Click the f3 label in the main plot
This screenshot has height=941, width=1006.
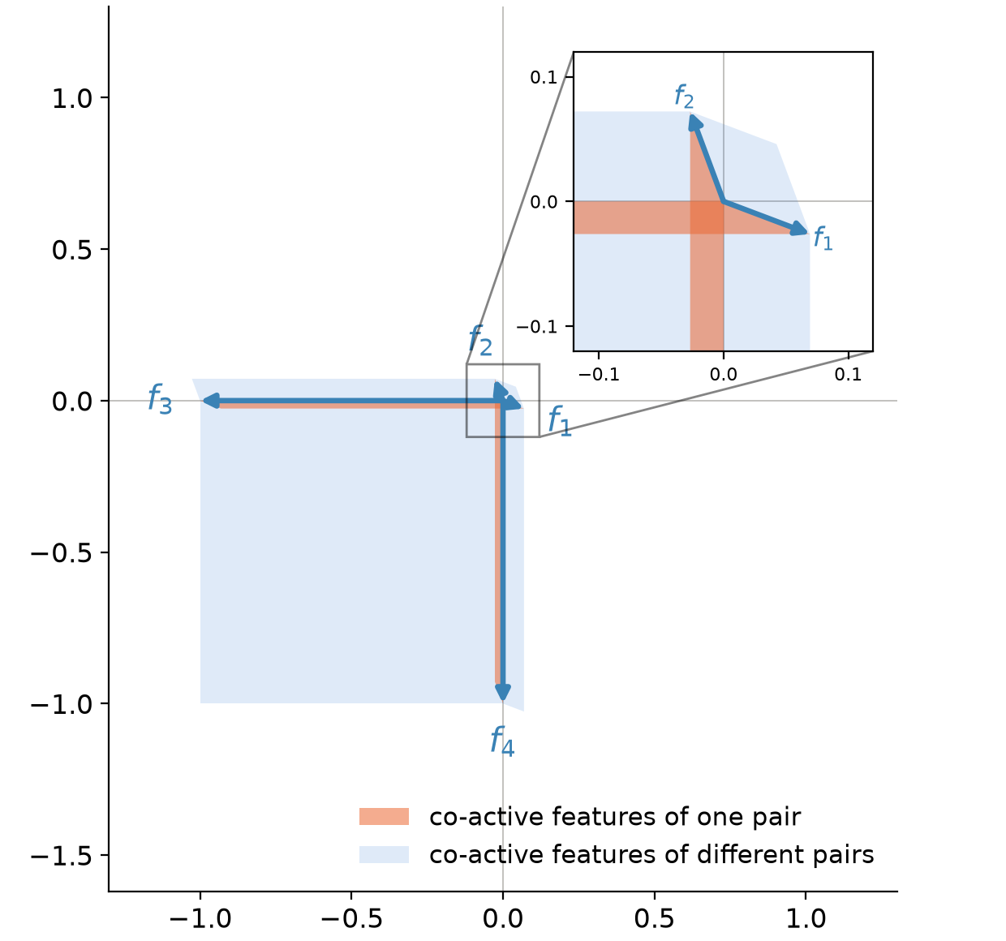tap(160, 399)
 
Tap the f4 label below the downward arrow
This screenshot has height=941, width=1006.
tap(502, 741)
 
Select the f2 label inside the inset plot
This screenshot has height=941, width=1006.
tap(684, 97)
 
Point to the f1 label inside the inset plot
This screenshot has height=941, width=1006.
tap(823, 238)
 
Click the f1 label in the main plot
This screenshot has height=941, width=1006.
tap(560, 420)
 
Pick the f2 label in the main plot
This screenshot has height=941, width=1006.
tap(480, 340)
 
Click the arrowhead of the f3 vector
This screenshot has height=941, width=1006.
tap(211, 401)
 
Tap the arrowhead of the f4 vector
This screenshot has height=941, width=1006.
tap(503, 692)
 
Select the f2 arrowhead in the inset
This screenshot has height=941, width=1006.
tap(695, 123)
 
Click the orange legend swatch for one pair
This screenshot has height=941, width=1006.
tap(384, 816)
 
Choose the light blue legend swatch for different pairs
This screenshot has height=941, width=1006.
tap(384, 854)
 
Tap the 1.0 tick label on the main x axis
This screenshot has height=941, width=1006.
tap(806, 919)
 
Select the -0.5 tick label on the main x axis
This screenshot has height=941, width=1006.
tap(351, 919)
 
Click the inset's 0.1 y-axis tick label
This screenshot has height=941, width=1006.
tap(544, 78)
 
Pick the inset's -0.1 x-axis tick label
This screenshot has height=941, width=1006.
tap(599, 375)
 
